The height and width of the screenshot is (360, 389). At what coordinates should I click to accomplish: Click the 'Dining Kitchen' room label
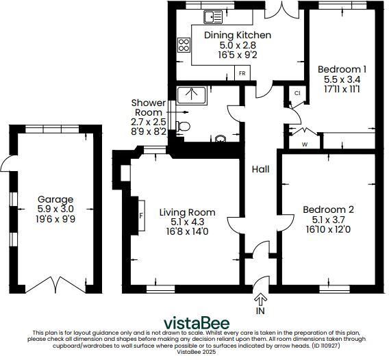[237, 35]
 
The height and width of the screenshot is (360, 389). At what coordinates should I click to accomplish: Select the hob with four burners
[184, 45]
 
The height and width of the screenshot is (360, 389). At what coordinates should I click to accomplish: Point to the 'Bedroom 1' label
[342, 69]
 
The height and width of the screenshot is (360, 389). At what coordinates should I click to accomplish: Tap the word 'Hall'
[260, 169]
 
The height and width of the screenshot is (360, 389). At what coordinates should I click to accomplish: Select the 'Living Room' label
[187, 212]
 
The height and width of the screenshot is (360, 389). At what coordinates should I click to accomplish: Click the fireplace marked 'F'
[140, 214]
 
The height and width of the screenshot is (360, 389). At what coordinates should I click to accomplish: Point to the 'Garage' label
[55, 200]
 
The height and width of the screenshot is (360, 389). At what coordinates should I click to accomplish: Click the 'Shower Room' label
[148, 107]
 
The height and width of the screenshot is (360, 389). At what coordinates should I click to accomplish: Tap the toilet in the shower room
[181, 126]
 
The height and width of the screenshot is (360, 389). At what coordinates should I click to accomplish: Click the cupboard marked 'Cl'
[297, 93]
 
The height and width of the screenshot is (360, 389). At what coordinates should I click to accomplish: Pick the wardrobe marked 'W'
[305, 144]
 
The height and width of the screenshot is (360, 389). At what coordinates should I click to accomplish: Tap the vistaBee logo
[195, 323]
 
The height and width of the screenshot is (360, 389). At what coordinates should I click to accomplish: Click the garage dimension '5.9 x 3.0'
[55, 209]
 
